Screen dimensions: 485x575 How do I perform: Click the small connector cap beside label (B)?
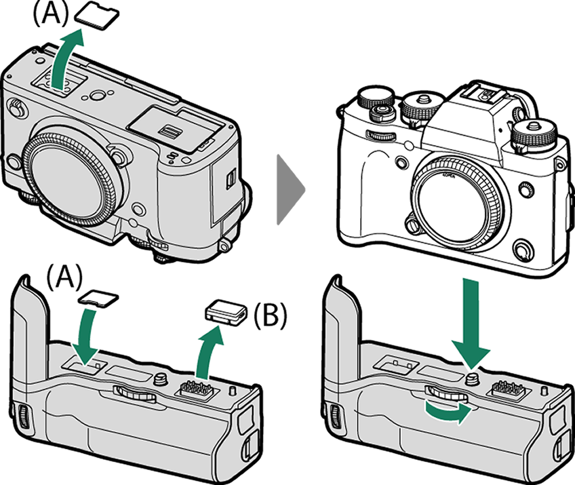[224, 311]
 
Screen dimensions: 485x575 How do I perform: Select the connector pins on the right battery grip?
[506, 389]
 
